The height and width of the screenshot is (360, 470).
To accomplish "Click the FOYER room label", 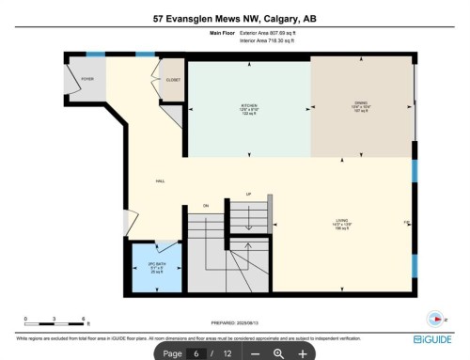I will point(86,80).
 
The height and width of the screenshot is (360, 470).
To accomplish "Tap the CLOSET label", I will point(173,80).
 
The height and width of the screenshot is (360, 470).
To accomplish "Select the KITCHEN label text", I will point(249,105).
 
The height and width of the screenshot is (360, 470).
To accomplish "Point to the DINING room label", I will point(362,105).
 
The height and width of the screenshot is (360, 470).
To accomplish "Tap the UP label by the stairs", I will point(248,195).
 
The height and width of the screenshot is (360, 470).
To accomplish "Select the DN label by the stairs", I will point(205,204).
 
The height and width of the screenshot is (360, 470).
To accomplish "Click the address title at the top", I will point(234,17).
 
